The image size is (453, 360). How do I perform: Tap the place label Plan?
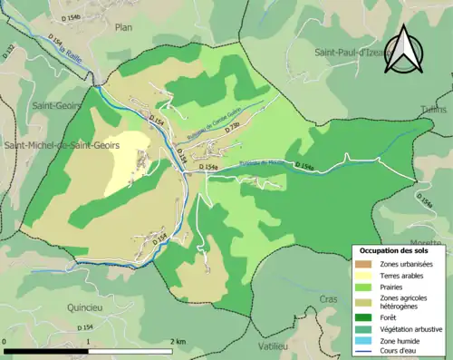click(123, 28)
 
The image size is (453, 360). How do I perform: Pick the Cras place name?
click(329, 298)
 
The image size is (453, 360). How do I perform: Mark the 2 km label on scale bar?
click(178, 341)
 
